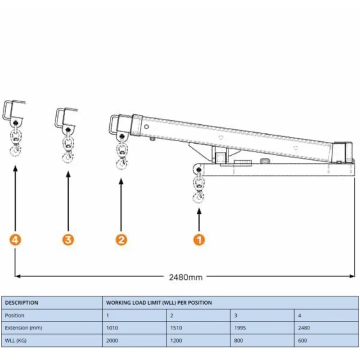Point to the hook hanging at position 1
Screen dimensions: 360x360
(x=198, y=198)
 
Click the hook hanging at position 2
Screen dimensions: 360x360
(x=121, y=165)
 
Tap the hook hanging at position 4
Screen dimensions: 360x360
(x=16, y=150)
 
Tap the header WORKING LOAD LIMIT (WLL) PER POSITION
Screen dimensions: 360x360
(x=159, y=303)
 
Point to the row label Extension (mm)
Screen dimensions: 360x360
(x=23, y=328)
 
